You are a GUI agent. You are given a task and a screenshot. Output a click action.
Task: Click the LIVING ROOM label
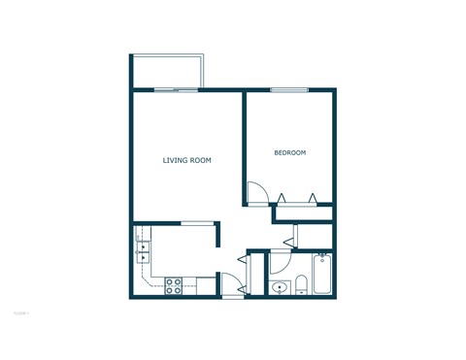[x=186, y=160]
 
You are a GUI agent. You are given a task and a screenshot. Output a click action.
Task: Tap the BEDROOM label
[x=289, y=153]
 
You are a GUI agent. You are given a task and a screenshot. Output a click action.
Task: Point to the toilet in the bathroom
[x=301, y=284]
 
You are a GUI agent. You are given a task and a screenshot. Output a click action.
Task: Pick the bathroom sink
[x=280, y=286]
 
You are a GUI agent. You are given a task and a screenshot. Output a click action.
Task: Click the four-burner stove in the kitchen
[x=175, y=285]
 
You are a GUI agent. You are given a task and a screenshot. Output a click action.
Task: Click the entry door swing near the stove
[x=233, y=285]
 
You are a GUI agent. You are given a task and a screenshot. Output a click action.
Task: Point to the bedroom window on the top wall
[x=288, y=89]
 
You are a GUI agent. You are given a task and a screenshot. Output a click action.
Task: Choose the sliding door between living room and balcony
[x=176, y=89]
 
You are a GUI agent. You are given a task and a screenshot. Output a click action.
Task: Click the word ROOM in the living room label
[x=201, y=160]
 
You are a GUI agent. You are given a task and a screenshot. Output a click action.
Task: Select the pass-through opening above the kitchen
[x=197, y=222]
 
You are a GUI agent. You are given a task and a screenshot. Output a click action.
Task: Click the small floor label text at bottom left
[x=21, y=313]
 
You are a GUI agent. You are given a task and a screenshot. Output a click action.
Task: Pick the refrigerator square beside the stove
[x=205, y=284]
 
